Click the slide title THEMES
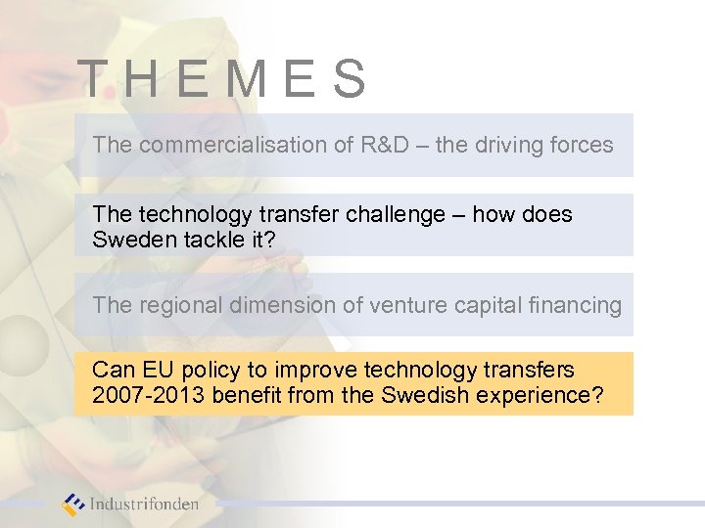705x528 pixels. pos(222,80)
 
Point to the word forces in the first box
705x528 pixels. pos(584,145)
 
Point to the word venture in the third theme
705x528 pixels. pos(399,305)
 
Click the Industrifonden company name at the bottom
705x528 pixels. pos(145,505)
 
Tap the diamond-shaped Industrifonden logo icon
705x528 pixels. pos(72,505)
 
